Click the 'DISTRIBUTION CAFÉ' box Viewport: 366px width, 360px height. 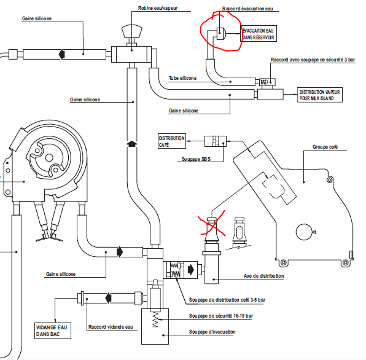click(x=172, y=141)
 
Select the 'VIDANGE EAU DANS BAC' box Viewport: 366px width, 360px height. click(x=53, y=331)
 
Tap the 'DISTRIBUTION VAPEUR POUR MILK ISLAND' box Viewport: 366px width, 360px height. click(x=319, y=95)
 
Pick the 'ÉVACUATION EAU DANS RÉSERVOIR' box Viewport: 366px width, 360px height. click(x=259, y=34)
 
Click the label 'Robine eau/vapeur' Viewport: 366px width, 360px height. click(x=158, y=8)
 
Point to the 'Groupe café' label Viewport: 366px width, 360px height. click(x=325, y=147)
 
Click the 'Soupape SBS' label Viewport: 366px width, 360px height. click(x=196, y=159)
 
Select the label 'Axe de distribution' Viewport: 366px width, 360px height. click(x=264, y=276)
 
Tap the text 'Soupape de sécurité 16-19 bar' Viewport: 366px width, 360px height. click(x=221, y=316)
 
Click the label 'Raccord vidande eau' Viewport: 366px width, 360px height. click(x=111, y=327)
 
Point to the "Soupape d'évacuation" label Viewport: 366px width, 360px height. click(x=212, y=332)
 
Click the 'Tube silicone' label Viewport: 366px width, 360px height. click(x=182, y=78)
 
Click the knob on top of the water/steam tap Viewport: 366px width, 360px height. click(x=131, y=32)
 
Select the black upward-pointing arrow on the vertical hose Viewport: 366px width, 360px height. click(x=132, y=144)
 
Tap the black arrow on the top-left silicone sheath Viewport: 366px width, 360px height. click(x=61, y=54)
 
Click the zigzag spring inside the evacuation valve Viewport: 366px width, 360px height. click(x=155, y=319)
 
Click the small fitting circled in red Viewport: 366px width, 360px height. click(x=220, y=34)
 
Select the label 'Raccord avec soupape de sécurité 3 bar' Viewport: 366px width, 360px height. click(x=313, y=60)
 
